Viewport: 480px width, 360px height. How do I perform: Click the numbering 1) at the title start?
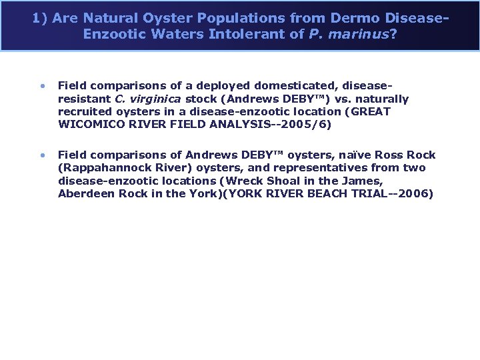tap(39, 18)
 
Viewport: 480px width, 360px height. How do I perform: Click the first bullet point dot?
tap(43, 86)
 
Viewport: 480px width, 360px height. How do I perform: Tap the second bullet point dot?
tap(43, 155)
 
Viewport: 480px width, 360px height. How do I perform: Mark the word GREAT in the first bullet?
tap(373, 111)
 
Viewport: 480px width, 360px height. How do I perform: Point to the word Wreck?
tap(245, 181)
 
